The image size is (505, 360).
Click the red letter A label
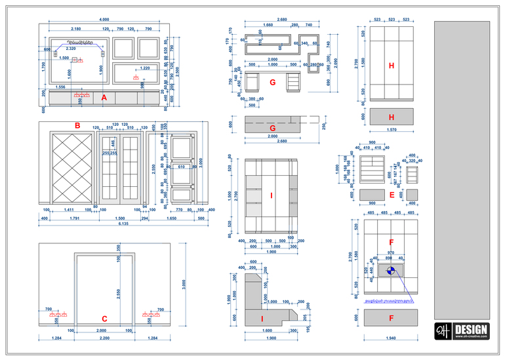point(104,97)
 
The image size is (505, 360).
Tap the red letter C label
point(104,319)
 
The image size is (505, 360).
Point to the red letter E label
point(392,195)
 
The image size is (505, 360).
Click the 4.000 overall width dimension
point(104,20)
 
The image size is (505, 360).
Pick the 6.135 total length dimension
point(123,224)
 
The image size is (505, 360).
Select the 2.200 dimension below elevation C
point(104,338)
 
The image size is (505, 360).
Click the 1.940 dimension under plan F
point(391,338)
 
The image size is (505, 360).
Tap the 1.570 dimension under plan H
point(391,130)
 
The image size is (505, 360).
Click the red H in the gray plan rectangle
point(391,117)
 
